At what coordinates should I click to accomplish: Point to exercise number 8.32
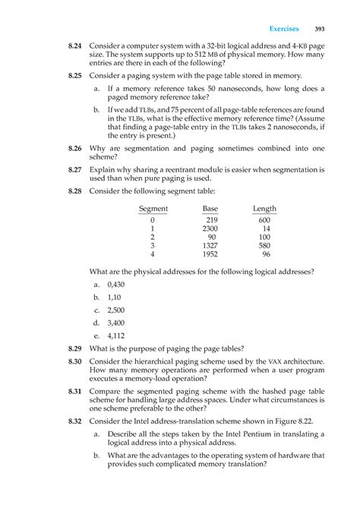coord(71,420)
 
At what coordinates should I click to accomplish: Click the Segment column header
coord(153,209)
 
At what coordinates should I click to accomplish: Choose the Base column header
coord(210,209)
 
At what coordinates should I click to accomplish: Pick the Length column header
coord(264,209)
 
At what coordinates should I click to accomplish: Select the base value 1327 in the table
coord(210,246)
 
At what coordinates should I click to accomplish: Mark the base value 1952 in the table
coord(210,255)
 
